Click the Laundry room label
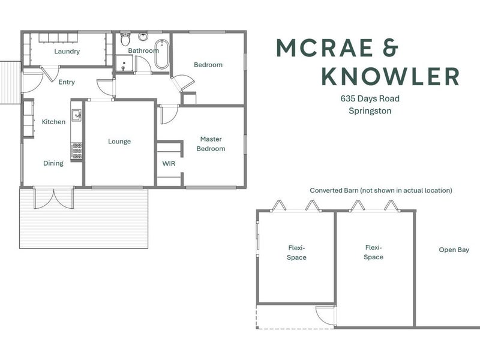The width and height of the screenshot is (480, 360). pyautogui.click(x=67, y=51)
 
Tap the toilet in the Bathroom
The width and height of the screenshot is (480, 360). pyautogui.click(x=125, y=38)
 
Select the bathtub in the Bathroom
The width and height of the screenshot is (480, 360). pyautogui.click(x=161, y=54)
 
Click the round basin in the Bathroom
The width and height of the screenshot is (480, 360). pyautogui.click(x=143, y=37)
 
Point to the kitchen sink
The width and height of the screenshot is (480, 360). pyautogui.click(x=77, y=115)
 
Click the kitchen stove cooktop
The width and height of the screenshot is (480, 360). pyautogui.click(x=77, y=151)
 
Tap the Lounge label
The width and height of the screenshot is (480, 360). pyautogui.click(x=119, y=142)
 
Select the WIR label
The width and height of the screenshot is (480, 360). pyautogui.click(x=169, y=163)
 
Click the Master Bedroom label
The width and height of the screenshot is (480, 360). pyautogui.click(x=211, y=144)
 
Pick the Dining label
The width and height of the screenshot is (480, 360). pyautogui.click(x=53, y=163)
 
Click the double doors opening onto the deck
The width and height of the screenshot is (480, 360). pyautogui.click(x=54, y=198)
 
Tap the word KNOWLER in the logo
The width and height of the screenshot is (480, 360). pyautogui.click(x=391, y=76)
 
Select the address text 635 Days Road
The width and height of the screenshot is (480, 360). pyautogui.click(x=370, y=98)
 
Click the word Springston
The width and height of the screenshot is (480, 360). pyautogui.click(x=370, y=111)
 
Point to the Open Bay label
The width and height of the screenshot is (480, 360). pyautogui.click(x=454, y=250)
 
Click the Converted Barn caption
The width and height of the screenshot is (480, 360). pyautogui.click(x=381, y=190)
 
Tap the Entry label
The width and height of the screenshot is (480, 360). pyautogui.click(x=67, y=82)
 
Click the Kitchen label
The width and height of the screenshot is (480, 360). pyautogui.click(x=53, y=122)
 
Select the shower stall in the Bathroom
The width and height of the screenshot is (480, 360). pyautogui.click(x=124, y=64)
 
